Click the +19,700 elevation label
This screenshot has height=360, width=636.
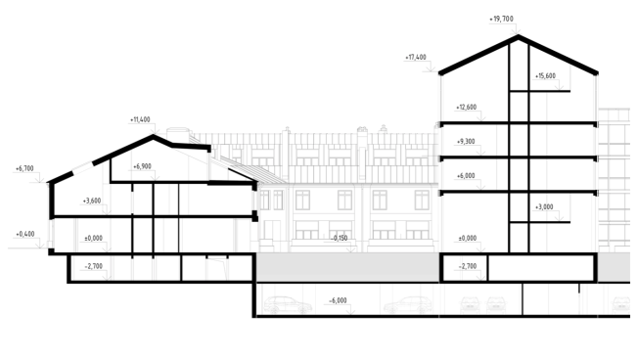click(x=501, y=19)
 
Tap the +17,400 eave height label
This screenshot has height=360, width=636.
click(x=416, y=58)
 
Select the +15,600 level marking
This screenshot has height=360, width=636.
click(x=545, y=76)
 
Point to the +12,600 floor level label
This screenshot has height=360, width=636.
click(x=466, y=108)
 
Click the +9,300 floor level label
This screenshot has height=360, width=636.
click(x=466, y=142)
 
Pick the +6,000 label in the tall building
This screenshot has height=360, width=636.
click(x=466, y=176)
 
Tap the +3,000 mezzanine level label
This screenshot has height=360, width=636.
click(x=544, y=207)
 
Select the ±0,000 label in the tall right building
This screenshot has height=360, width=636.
click(x=468, y=239)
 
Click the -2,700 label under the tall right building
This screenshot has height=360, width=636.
click(x=468, y=266)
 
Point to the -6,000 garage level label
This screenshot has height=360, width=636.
click(x=338, y=300)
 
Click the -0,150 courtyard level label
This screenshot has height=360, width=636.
click(x=340, y=239)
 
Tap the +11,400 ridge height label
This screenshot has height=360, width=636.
click(x=140, y=120)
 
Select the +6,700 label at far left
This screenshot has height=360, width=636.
click(x=24, y=168)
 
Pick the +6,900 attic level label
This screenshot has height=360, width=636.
click(x=142, y=166)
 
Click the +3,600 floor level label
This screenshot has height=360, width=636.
click(x=92, y=202)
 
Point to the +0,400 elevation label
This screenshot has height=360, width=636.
click(x=25, y=235)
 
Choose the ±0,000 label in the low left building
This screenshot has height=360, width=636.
click(x=93, y=239)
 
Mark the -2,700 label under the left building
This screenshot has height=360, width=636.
click(x=93, y=266)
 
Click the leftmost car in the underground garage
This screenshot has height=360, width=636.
click(x=288, y=305)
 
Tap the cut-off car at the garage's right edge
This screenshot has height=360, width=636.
click(x=621, y=305)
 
